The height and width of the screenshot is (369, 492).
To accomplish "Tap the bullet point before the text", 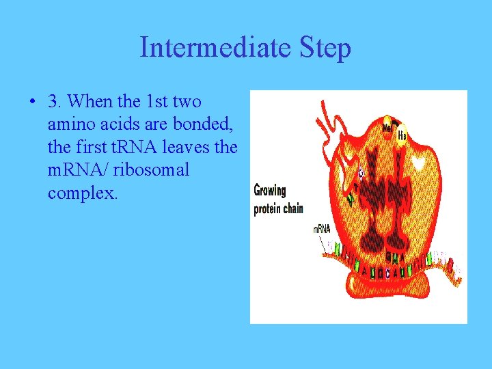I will pos(32,102).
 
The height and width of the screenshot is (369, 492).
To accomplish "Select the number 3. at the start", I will pos(56,102).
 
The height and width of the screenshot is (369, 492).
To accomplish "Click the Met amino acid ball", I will pos(387,128).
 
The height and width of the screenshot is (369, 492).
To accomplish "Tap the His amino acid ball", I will pos(402,135).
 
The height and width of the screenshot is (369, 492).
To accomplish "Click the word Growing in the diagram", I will pos(270,191).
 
